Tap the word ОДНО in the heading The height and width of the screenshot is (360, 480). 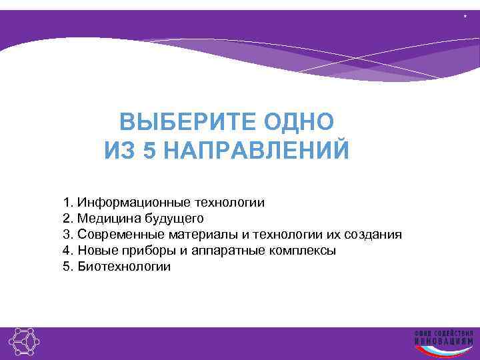click(x=299, y=123)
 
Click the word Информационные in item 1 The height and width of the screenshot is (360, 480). click(x=134, y=202)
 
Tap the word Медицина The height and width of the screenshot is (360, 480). click(x=107, y=218)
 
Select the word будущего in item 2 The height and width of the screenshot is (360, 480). click(x=171, y=219)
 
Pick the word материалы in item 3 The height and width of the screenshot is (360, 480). click(x=195, y=234)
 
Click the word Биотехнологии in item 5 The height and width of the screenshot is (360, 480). click(x=124, y=267)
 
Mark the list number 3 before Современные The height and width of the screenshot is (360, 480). click(x=66, y=234)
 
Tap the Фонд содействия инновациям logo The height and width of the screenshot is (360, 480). click(x=443, y=341)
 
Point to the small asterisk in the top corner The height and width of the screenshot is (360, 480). click(x=465, y=15)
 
